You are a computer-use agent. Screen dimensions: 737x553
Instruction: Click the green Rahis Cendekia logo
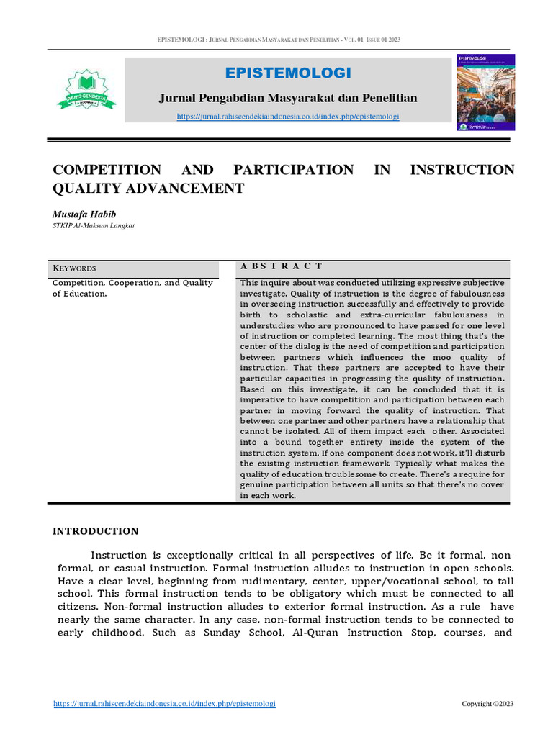click(86, 89)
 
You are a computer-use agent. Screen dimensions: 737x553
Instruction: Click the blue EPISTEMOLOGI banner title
click(288, 73)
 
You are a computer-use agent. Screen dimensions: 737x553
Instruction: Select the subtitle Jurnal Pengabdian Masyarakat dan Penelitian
click(288, 98)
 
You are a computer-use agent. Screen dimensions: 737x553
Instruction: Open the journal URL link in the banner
click(288, 117)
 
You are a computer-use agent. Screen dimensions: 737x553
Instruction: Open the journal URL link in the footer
click(165, 704)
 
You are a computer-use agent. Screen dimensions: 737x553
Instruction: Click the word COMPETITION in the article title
click(107, 170)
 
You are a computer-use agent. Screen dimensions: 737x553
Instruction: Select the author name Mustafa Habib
click(83, 214)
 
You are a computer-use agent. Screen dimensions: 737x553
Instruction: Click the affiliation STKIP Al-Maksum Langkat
click(94, 225)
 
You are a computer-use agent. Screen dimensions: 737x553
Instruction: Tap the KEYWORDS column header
click(75, 268)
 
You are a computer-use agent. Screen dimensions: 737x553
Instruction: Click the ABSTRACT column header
click(282, 266)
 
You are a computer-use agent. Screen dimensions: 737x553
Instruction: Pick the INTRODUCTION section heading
click(96, 531)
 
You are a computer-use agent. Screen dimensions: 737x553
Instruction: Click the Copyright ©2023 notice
click(487, 704)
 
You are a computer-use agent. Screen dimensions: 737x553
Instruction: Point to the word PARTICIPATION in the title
click(293, 170)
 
